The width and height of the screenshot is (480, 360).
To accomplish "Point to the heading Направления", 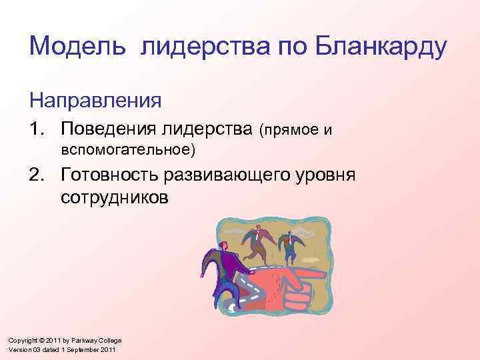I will (95, 101).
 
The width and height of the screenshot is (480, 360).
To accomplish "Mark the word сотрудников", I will (114, 198).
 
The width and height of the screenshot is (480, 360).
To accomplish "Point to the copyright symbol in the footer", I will (41, 340).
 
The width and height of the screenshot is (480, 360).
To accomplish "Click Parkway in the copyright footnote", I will (83, 340).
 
